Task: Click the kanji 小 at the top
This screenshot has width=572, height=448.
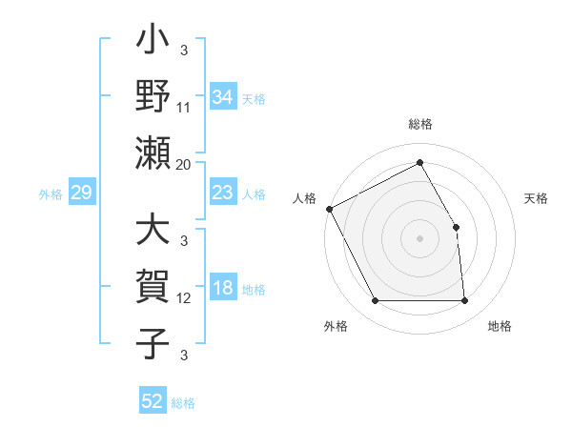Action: coord(153,44)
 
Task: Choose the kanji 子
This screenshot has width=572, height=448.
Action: coord(153,344)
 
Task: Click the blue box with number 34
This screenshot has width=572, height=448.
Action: coord(222,96)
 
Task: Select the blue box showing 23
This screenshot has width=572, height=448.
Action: coord(222,193)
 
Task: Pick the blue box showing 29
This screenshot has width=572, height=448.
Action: coord(81,193)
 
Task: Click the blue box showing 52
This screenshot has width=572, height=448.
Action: coord(153,401)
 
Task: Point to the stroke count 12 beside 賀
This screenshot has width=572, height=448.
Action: coord(184,298)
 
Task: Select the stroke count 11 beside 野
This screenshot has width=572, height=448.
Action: coord(184,109)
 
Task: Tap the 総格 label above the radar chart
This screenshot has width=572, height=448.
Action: coord(419,124)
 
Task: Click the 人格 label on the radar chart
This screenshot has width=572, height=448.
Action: coord(305,198)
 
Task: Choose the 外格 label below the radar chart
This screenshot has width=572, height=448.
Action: coord(336,327)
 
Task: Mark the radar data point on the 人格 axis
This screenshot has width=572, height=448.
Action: coord(329,208)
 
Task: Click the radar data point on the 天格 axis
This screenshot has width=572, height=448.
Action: coord(456,227)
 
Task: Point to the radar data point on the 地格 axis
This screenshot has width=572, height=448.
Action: coord(464,301)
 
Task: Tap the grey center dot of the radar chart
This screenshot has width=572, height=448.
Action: coord(419,237)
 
